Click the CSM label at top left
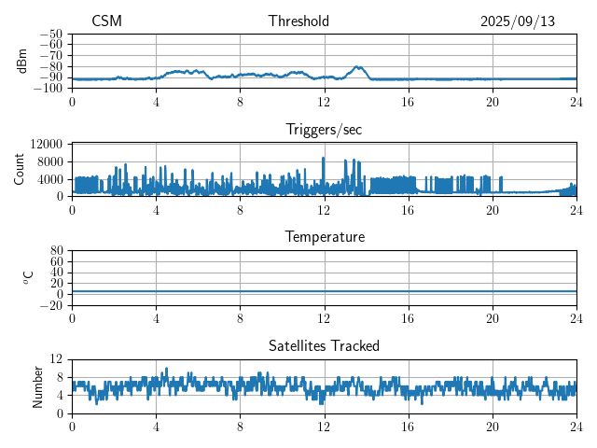tap(106, 21)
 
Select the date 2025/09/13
tap(518, 21)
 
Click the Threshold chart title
tap(298, 21)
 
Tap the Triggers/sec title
tap(324, 130)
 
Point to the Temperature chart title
tap(324, 237)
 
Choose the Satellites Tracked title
tap(324, 345)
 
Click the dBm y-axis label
tap(22, 61)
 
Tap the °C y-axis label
tap(28, 277)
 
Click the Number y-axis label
tap(37, 385)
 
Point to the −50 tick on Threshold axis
tap(51, 34)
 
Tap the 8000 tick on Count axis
tap(50, 161)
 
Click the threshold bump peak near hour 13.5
tap(358, 66)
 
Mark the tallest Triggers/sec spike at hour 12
tap(324, 158)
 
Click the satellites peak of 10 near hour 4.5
tap(166, 369)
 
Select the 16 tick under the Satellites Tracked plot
tap(409, 425)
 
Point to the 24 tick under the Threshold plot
tap(576, 101)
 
